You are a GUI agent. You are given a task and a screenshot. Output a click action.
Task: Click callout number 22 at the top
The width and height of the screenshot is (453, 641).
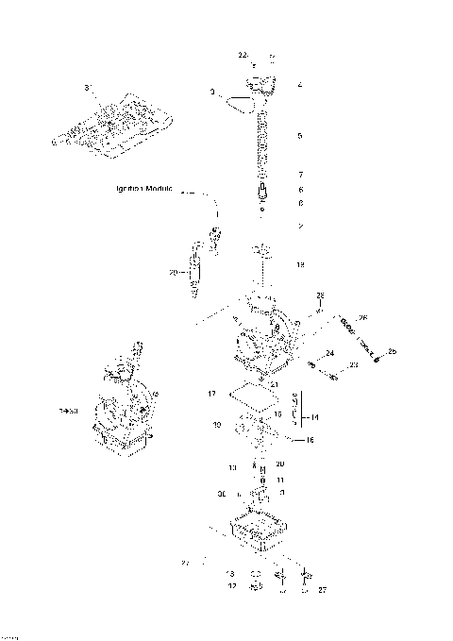click(x=243, y=56)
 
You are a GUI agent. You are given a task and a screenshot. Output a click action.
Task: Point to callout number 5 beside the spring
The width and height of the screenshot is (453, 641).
click(x=299, y=136)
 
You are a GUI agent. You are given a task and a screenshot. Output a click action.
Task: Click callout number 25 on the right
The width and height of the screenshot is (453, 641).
click(x=393, y=352)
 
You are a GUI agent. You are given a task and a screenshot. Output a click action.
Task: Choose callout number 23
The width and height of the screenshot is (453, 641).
click(x=354, y=363)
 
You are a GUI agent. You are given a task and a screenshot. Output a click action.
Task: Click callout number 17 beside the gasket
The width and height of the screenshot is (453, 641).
click(x=212, y=392)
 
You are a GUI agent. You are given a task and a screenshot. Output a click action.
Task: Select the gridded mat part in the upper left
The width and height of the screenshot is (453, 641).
click(x=113, y=126)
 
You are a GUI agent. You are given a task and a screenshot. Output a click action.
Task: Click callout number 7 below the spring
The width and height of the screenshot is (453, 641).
click(x=299, y=176)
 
